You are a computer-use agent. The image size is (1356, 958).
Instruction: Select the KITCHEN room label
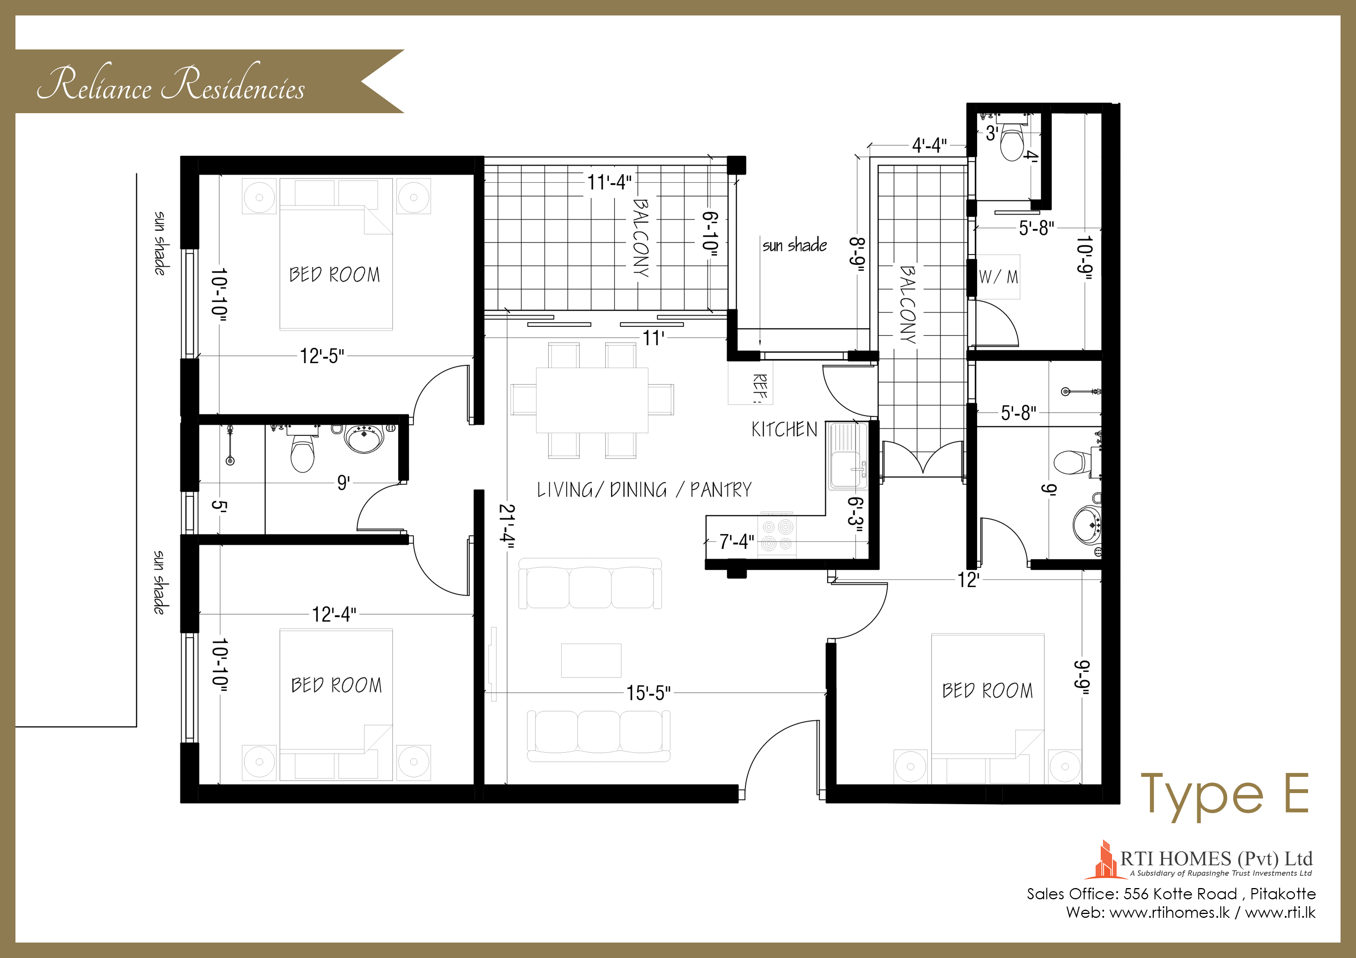[784, 429]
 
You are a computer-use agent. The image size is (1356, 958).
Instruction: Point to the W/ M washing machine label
[998, 277]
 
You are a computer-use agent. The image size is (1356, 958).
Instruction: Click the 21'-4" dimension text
[507, 526]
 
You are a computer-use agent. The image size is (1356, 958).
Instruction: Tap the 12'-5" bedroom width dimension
[322, 356]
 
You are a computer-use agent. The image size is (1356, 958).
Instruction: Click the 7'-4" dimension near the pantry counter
[736, 541]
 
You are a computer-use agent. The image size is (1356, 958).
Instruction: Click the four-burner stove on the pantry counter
[777, 535]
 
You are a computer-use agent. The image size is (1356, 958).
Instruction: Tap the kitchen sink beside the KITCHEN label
[847, 456]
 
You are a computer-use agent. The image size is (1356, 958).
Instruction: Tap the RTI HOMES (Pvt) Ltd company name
[1216, 858]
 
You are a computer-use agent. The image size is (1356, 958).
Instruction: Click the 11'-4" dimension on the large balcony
[609, 182]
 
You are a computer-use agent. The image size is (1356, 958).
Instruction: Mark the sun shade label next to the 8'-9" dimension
[794, 245]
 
